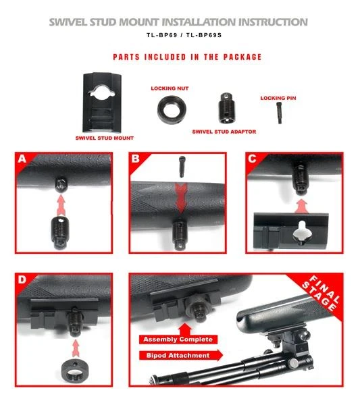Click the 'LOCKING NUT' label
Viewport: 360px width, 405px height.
(170, 88)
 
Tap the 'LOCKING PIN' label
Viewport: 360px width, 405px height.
(278, 98)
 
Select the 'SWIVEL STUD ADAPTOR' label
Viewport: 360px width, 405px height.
(224, 132)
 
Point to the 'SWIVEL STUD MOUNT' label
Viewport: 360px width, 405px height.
(105, 138)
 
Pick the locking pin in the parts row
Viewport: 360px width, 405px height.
(279, 113)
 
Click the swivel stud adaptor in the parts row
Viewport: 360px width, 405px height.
(226, 108)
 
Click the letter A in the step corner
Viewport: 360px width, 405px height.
(22, 159)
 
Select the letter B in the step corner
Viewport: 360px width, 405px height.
(135, 159)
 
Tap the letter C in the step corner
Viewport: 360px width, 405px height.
(252, 159)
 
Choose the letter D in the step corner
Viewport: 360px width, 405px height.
(22, 279)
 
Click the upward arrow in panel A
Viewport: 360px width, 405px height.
(61, 206)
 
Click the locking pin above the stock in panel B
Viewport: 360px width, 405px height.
(182, 167)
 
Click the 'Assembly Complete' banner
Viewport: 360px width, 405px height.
(178, 340)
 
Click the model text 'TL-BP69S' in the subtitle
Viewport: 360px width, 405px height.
(204, 35)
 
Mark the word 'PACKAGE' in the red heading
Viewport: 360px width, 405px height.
(242, 57)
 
